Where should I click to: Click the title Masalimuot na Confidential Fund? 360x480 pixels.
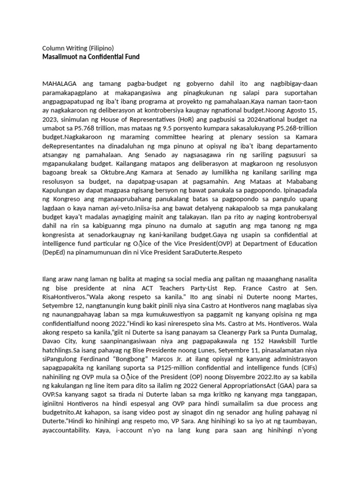[91, 57]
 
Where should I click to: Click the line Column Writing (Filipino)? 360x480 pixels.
[78, 48]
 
